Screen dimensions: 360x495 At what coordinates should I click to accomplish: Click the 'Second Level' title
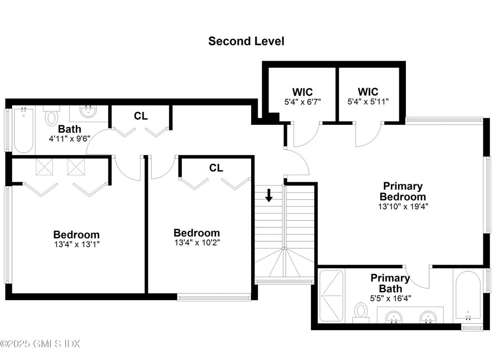(x=246, y=41)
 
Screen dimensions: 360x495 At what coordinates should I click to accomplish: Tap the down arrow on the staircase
(x=269, y=196)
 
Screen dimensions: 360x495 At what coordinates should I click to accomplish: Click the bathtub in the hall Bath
(x=23, y=130)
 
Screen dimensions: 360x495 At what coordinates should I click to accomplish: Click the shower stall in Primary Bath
(x=332, y=295)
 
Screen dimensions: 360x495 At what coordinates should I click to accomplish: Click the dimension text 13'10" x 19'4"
(x=403, y=207)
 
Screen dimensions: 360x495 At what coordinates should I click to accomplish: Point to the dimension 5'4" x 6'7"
(x=303, y=102)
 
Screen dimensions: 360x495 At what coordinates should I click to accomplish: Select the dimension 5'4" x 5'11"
(x=368, y=102)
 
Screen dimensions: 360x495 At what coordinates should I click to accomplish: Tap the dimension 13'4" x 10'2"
(x=197, y=243)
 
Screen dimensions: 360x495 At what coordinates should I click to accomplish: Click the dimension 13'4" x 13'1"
(x=77, y=244)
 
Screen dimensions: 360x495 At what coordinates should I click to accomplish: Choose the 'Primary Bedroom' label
(x=402, y=191)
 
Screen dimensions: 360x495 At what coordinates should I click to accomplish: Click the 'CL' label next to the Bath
(x=141, y=116)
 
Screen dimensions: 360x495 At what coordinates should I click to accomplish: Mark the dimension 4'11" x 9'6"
(x=70, y=138)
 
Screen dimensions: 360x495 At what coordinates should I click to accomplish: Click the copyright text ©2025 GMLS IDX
(x=40, y=344)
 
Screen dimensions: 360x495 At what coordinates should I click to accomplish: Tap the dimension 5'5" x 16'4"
(x=390, y=297)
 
